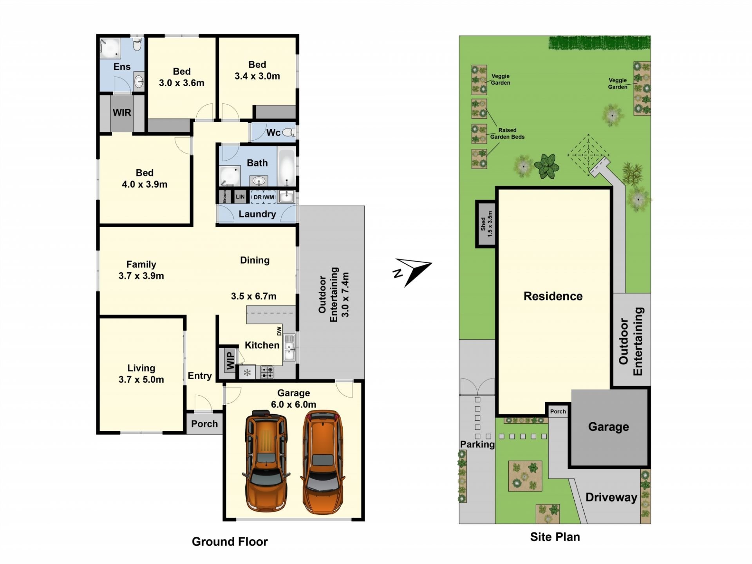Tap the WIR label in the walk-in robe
click(x=122, y=113)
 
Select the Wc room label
click(x=273, y=133)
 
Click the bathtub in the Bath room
click(x=287, y=168)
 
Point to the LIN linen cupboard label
click(x=240, y=197)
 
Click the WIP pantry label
click(x=230, y=360)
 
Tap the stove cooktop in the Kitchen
click(x=268, y=372)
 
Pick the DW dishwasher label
click(x=279, y=331)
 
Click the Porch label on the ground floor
click(x=204, y=424)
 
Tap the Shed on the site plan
click(x=486, y=224)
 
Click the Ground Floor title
click(x=230, y=542)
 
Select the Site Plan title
click(x=555, y=537)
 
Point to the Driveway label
click(x=611, y=497)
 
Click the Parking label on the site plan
click(x=477, y=444)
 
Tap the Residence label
click(x=553, y=296)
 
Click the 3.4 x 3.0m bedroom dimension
click(x=257, y=76)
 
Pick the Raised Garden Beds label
click(x=507, y=134)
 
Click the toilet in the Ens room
click(x=137, y=44)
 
